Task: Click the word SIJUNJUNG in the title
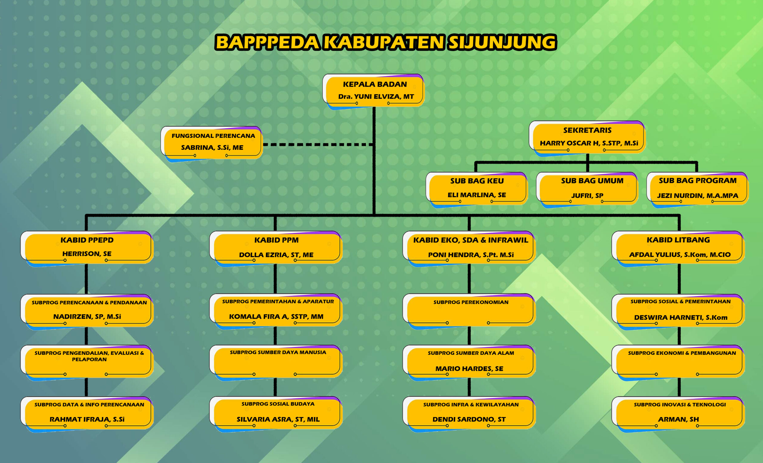(502, 42)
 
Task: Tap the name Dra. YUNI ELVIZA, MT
(376, 97)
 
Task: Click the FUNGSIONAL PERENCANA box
(212, 142)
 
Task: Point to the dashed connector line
(317, 145)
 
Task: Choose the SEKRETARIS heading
(587, 130)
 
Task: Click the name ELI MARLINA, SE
(477, 195)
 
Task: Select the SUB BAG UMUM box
(587, 188)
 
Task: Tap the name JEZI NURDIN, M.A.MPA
(697, 196)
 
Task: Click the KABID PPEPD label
(87, 240)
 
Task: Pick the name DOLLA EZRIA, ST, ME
(276, 255)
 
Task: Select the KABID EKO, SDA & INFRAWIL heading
(470, 240)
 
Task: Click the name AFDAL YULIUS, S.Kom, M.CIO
(680, 255)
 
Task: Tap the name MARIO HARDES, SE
(469, 369)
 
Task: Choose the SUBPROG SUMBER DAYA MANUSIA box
(276, 361)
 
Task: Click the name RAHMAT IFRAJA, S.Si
(87, 420)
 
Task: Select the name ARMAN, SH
(678, 420)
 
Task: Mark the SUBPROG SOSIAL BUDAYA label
(278, 404)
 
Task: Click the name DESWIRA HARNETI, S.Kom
(680, 318)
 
